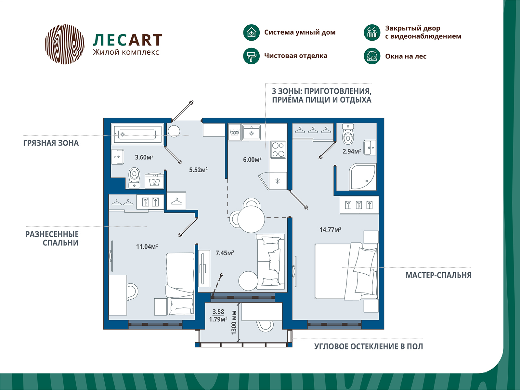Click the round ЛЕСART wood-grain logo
(65, 44)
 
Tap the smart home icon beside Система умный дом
(251, 32)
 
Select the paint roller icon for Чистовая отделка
(251, 56)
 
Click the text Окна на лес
(406, 57)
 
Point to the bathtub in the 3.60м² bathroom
(137, 134)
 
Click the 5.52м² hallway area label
(198, 170)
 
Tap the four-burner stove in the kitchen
(278, 149)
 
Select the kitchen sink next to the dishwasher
(251, 132)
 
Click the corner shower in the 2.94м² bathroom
(362, 177)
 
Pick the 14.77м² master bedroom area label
(330, 230)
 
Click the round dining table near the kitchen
(251, 219)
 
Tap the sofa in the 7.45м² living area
(271, 262)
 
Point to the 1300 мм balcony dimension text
(234, 322)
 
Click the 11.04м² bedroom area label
(147, 247)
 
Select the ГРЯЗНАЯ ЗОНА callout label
(51, 143)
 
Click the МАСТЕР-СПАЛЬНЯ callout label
(438, 275)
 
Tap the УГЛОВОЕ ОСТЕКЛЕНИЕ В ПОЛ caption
(368, 346)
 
